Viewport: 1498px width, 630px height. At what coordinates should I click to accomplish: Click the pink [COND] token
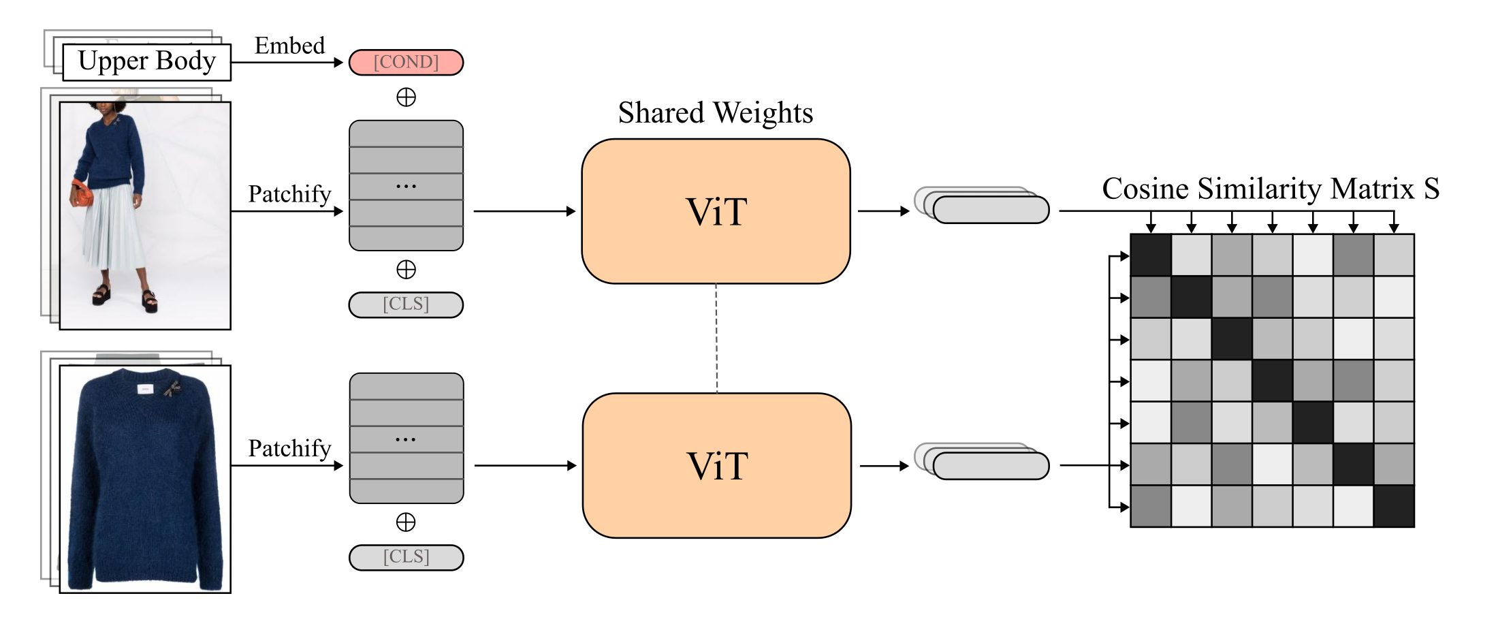tap(406, 62)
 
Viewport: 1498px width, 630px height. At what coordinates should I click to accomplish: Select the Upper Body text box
tap(146, 62)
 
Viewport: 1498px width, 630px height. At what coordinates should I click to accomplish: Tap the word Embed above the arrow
tap(289, 46)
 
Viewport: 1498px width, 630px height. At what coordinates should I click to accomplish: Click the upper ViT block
tap(716, 211)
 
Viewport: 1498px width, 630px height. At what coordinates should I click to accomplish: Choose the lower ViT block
tap(716, 466)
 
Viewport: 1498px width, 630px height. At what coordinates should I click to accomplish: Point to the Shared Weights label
tap(716, 112)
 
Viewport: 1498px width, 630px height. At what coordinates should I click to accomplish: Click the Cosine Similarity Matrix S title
tap(1271, 189)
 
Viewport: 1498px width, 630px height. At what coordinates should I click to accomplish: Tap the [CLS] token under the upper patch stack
tap(406, 304)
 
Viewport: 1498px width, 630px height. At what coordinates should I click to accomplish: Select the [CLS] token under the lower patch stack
tap(406, 557)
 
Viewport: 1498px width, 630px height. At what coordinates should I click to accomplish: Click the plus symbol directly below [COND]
tap(406, 97)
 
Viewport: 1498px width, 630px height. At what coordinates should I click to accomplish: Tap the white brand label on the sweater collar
tap(145, 389)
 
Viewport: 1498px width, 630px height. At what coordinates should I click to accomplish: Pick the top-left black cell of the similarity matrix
tap(1151, 255)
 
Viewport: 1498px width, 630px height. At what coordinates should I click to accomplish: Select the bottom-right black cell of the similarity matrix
tap(1394, 506)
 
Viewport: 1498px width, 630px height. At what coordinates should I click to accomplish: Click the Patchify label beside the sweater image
tap(289, 448)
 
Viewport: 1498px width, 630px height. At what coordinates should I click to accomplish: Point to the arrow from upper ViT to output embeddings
tap(883, 211)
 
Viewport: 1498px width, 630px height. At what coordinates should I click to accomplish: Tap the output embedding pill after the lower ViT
tap(991, 466)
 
